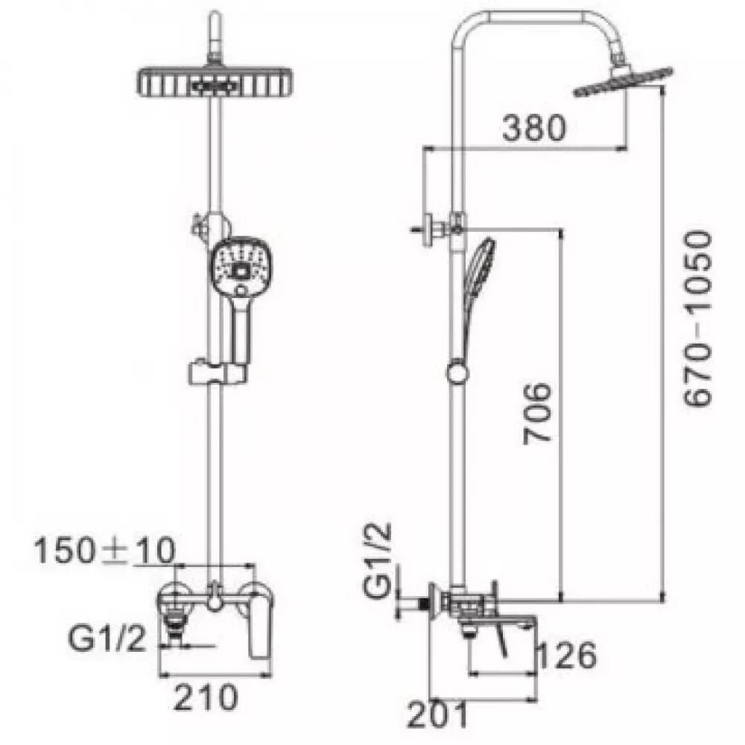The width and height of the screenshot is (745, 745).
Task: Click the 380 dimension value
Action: tap(534, 127)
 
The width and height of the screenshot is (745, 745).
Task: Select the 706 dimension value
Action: tap(537, 413)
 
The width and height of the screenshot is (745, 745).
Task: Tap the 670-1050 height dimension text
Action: tap(698, 318)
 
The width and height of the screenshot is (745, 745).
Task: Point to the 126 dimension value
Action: tap(567, 655)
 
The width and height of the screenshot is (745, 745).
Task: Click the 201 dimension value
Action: tap(437, 714)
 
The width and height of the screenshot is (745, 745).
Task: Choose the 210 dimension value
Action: tap(206, 697)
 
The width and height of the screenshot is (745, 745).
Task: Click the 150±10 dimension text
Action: tap(104, 551)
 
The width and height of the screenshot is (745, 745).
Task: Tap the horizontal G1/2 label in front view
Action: tap(107, 638)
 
